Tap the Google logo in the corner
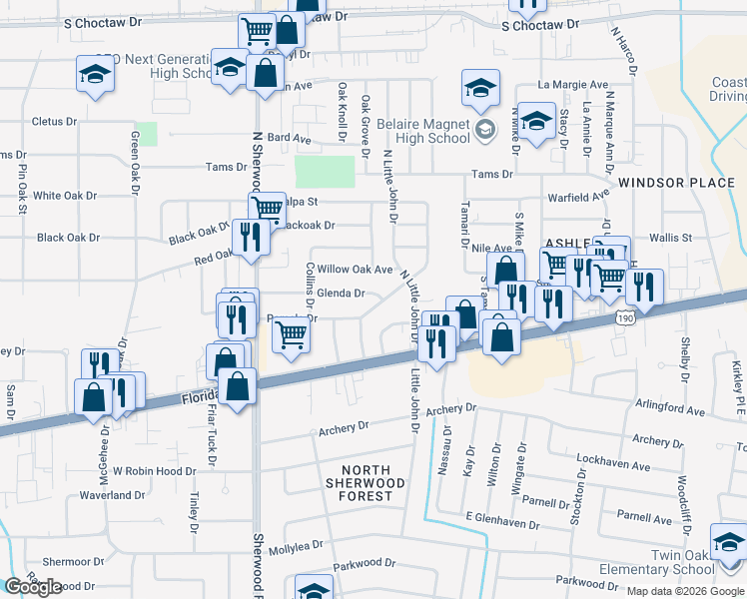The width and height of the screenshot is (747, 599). (34, 586)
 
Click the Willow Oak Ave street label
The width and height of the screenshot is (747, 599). (355, 270)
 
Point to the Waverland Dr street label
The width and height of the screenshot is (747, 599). (113, 495)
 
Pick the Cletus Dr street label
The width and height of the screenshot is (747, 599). (54, 122)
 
